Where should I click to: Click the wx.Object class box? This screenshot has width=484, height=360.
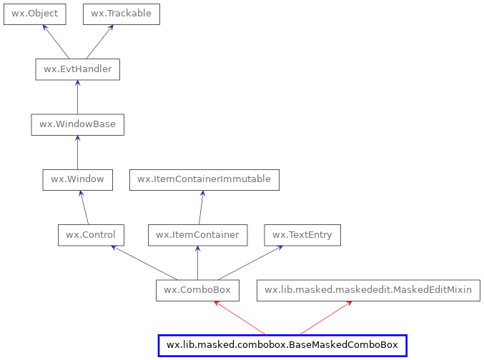[x=35, y=14]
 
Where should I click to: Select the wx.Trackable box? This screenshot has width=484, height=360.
[x=121, y=14]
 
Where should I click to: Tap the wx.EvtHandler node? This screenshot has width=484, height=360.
[x=77, y=69]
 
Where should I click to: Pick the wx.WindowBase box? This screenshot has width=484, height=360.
[x=77, y=124]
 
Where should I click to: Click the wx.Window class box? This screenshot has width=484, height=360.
[x=77, y=179]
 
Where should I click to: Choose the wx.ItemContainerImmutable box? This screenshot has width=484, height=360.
[x=204, y=179]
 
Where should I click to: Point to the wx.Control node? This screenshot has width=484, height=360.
[x=91, y=235]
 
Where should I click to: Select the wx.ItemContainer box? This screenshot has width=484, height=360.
[x=197, y=235]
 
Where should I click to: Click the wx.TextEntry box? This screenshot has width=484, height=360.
[x=302, y=235]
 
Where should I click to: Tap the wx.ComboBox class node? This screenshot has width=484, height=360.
[x=197, y=290]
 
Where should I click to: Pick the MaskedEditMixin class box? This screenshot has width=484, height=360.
[x=367, y=290]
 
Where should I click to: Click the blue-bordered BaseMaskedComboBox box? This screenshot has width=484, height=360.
[x=282, y=346]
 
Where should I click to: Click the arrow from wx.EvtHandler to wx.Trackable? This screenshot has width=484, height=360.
[x=99, y=41]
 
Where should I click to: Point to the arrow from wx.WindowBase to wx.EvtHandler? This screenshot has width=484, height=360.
[x=77, y=97]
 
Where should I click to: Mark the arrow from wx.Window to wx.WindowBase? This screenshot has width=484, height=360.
[x=77, y=152]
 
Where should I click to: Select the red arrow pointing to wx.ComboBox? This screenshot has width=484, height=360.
[x=239, y=318]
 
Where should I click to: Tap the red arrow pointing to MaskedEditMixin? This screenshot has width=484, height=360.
[x=325, y=318]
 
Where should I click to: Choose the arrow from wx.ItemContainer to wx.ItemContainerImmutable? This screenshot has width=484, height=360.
[x=201, y=207]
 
